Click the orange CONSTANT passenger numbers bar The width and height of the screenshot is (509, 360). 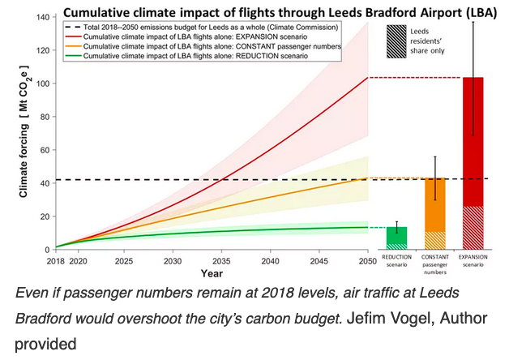pos(435,213)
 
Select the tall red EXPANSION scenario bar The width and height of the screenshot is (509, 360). pos(474,162)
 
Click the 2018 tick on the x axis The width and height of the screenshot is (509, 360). pos(56,262)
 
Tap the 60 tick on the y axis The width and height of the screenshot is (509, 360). pos(41,150)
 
